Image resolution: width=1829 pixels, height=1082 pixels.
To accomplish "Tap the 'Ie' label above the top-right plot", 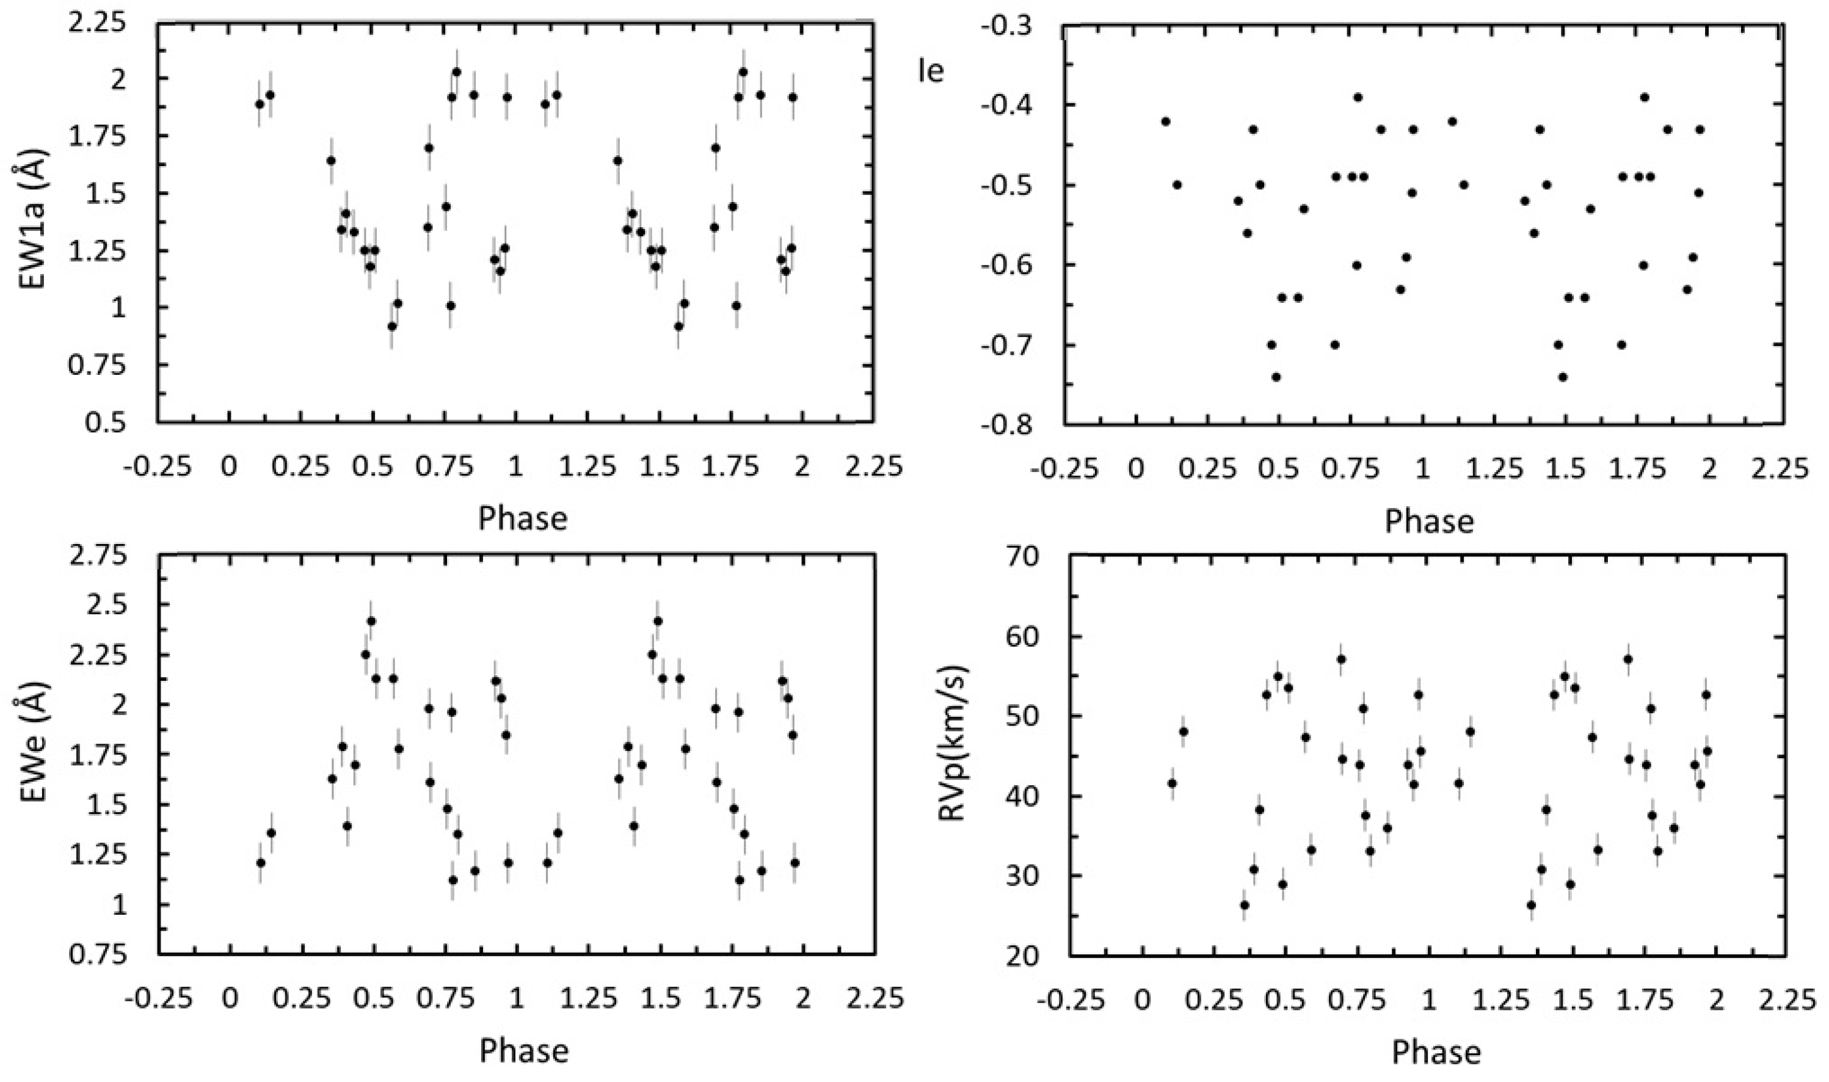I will click(x=931, y=71).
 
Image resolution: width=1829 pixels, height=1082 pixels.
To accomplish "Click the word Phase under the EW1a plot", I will click(x=522, y=518).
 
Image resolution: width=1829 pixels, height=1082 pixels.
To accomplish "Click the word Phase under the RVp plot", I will click(x=1436, y=1052).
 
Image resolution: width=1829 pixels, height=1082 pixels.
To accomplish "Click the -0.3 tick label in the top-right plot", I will click(x=1009, y=26).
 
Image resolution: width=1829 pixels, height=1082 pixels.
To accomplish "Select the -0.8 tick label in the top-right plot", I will click(x=1009, y=424).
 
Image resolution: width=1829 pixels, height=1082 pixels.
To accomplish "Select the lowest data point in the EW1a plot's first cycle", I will click(x=392, y=326).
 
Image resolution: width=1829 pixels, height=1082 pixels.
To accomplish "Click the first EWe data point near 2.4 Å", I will click(x=371, y=621).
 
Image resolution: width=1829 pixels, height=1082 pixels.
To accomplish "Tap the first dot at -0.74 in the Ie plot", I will click(x=1276, y=377).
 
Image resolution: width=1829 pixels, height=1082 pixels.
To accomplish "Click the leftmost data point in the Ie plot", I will click(x=1166, y=122).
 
